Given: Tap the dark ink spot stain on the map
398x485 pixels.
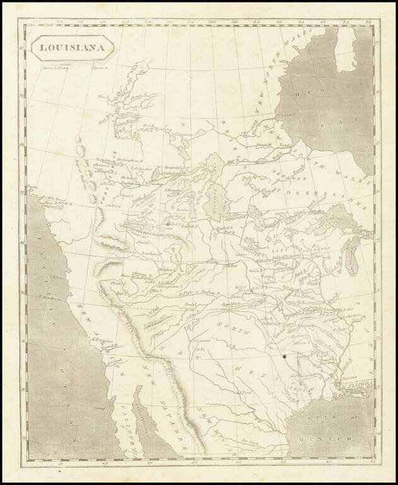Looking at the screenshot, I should coord(286,358).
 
